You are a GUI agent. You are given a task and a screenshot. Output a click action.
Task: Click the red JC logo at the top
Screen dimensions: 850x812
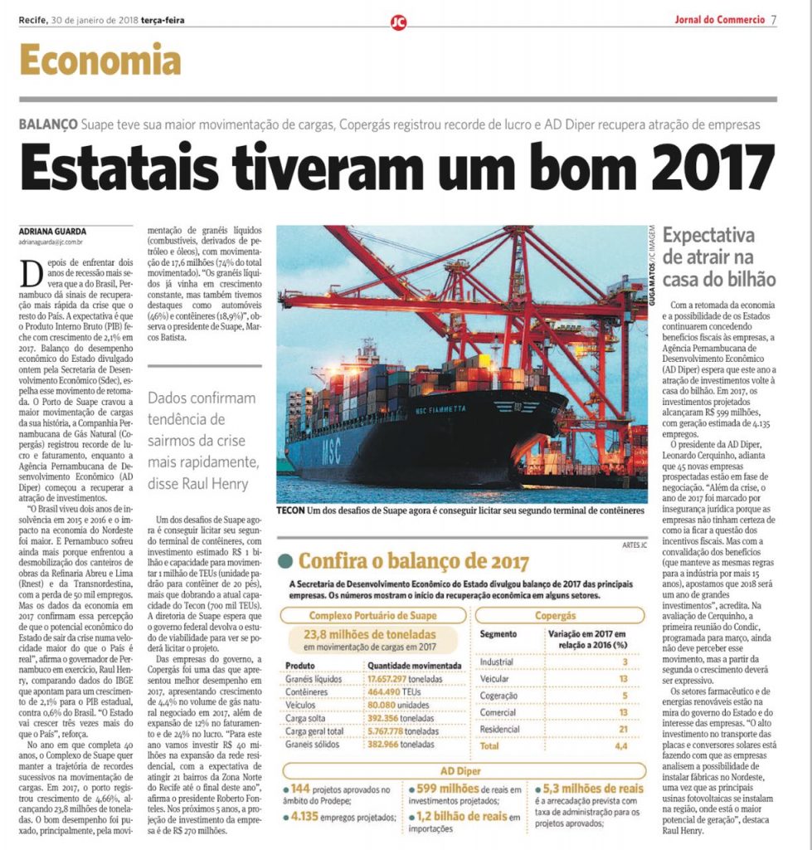[399, 22]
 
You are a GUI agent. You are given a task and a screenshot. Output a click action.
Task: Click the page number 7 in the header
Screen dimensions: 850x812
[773, 20]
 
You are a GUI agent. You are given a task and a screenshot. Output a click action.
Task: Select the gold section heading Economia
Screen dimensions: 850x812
[100, 60]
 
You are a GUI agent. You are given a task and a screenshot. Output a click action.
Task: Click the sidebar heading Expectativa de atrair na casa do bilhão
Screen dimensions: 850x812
[719, 256]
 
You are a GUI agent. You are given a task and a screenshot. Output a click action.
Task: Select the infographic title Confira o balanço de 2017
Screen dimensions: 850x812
[413, 561]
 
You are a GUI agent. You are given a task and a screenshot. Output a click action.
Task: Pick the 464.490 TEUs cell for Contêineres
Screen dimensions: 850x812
[391, 693]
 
